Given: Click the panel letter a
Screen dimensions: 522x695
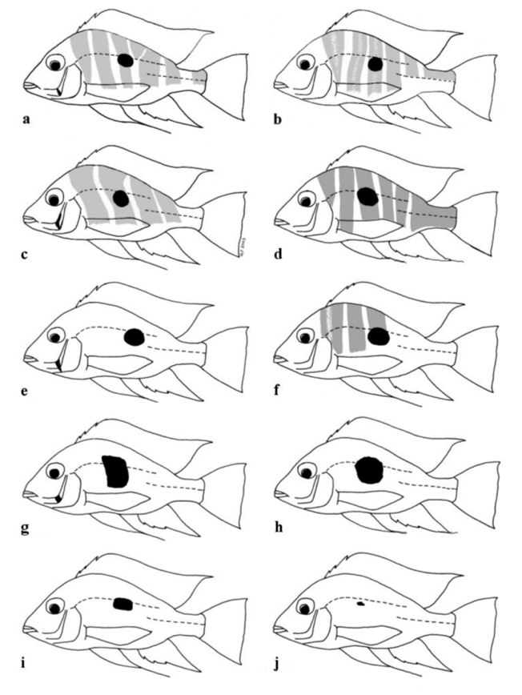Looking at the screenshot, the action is [26, 119].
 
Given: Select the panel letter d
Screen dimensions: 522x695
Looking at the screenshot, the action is [278, 255].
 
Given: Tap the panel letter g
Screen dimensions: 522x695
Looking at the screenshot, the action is [26, 528].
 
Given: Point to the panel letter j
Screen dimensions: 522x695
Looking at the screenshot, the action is [277, 665].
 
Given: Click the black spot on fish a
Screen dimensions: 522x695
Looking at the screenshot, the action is [126, 60].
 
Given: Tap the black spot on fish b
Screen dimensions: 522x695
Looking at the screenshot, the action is [375, 64].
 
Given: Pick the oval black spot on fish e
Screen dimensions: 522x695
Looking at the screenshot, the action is [135, 338].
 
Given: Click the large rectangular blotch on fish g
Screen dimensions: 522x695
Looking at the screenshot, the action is [115, 471].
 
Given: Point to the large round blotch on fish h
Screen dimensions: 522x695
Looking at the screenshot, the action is [370, 470].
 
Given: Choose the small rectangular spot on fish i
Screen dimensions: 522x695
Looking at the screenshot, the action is [123, 605].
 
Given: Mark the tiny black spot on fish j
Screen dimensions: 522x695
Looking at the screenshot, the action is [361, 603].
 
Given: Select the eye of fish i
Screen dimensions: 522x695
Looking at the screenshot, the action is [55, 606].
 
